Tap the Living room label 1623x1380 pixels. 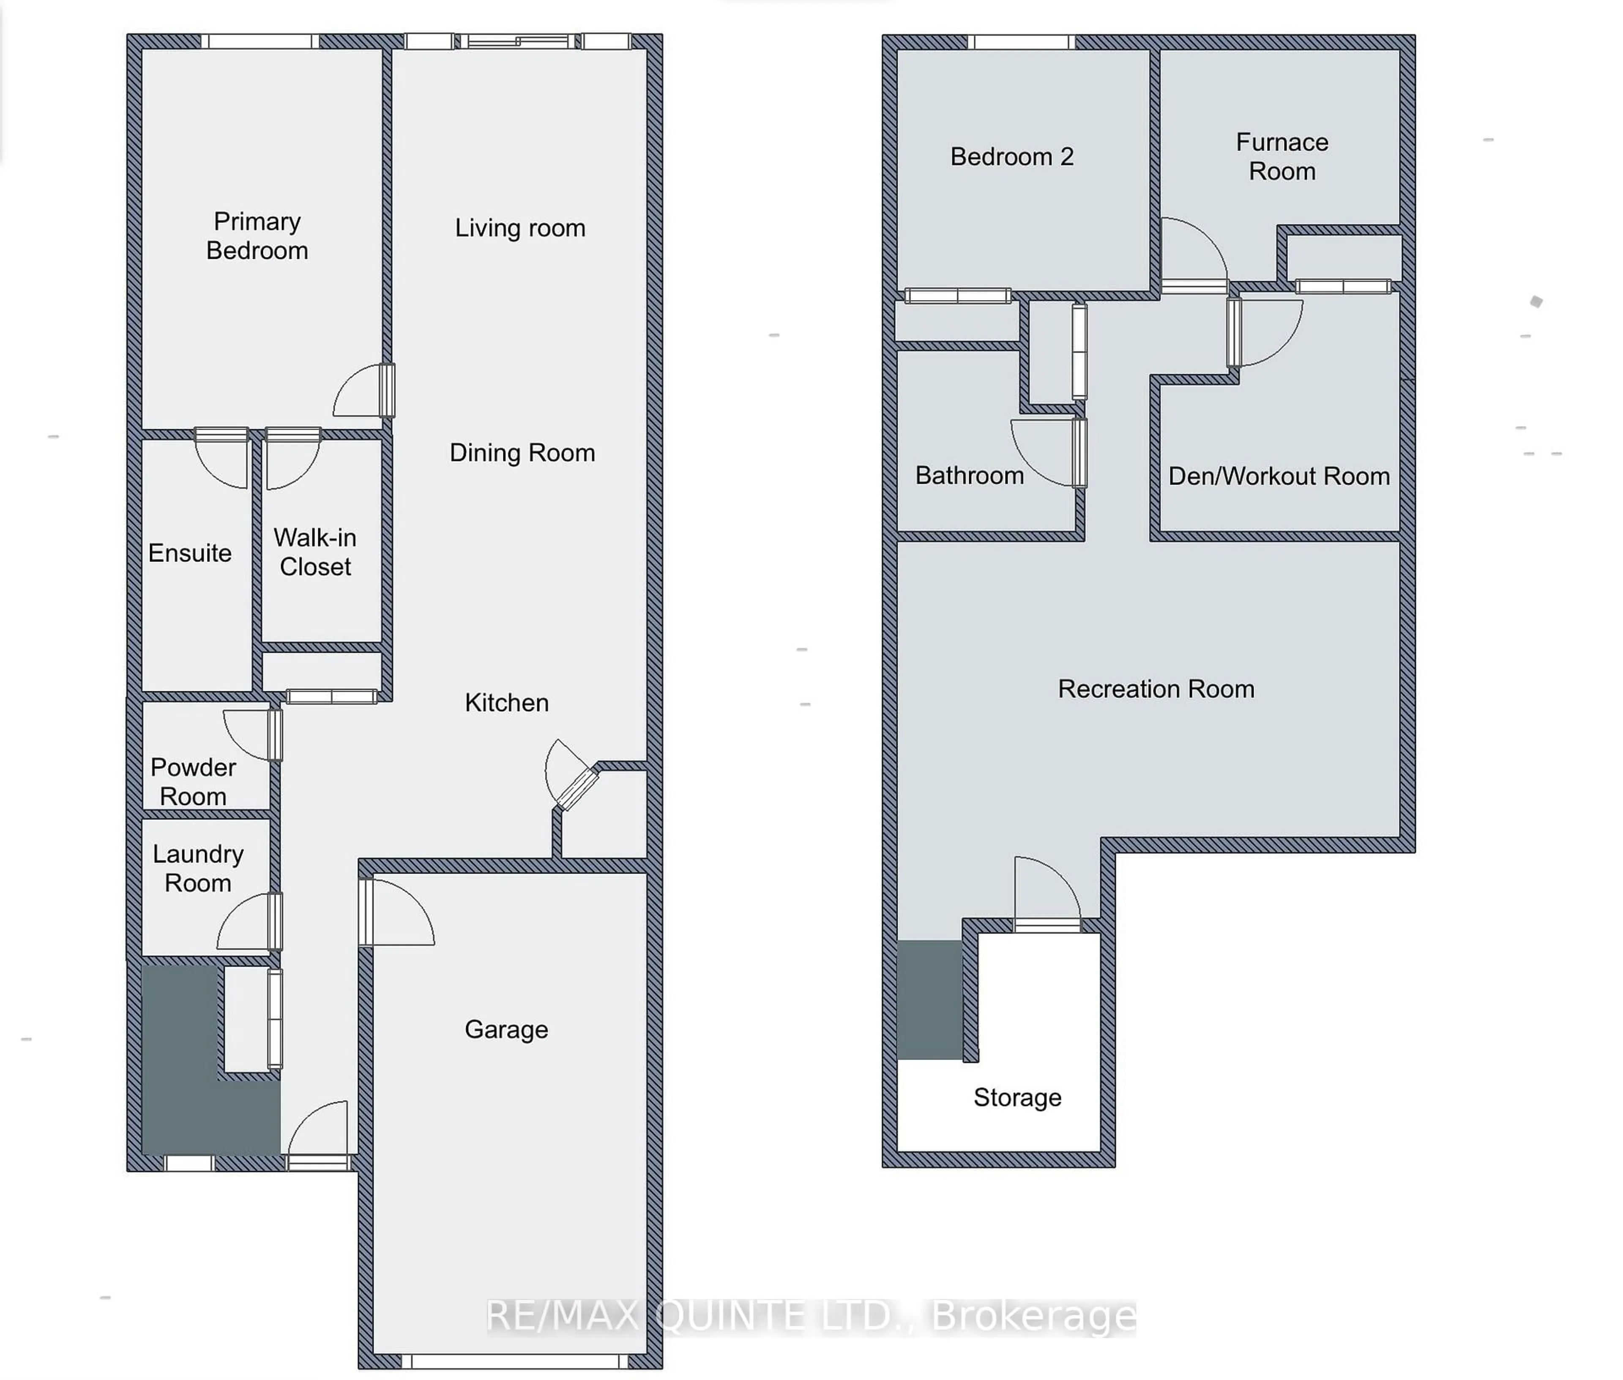[520, 227]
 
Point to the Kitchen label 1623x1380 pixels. [506, 703]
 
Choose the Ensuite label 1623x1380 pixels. [190, 553]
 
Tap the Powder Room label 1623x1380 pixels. [193, 781]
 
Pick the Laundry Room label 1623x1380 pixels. [198, 868]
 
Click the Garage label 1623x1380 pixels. [506, 1030]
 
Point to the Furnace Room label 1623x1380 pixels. [1282, 156]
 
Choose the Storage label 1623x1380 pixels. [1017, 1098]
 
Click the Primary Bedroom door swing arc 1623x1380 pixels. [356, 391]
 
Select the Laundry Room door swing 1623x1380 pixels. [244, 923]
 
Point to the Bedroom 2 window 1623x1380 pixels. [1021, 41]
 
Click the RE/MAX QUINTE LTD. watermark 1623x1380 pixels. [810, 1317]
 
